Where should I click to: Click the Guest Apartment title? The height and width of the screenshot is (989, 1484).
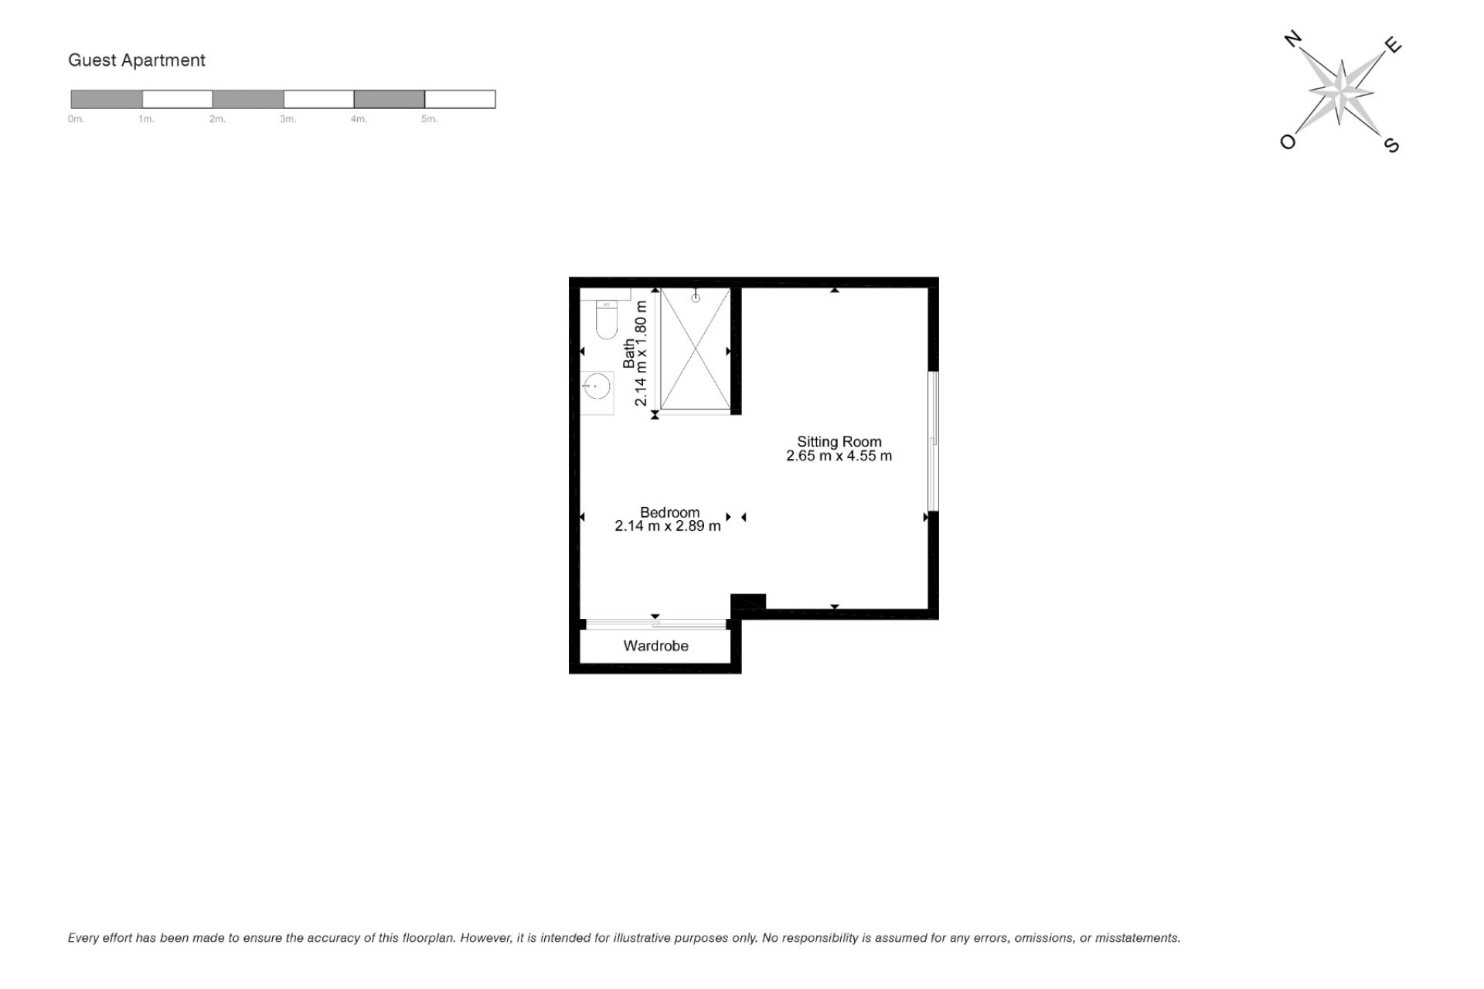[137, 60]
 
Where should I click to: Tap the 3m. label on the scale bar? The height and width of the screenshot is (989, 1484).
[288, 119]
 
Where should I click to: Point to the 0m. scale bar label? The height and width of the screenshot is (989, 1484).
[76, 119]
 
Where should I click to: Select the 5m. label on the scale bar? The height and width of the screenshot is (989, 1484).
[430, 119]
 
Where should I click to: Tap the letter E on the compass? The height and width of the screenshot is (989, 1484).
[1393, 45]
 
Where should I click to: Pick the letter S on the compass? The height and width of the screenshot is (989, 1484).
[1391, 144]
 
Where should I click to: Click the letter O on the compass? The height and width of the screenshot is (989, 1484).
[1288, 141]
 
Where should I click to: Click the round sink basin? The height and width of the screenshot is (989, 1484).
[596, 386]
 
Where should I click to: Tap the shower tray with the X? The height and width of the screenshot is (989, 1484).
[696, 348]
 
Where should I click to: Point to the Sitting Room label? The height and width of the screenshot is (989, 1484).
[839, 442]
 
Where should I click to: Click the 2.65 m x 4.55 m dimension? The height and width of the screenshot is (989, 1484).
[839, 456]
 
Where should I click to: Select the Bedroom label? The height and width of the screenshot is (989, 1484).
[670, 512]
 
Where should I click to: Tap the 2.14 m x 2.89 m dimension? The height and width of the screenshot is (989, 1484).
[668, 526]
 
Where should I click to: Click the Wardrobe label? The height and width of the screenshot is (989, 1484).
[656, 646]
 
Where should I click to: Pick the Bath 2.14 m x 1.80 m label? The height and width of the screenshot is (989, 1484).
[635, 352]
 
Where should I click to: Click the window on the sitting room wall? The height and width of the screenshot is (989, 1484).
[933, 441]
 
